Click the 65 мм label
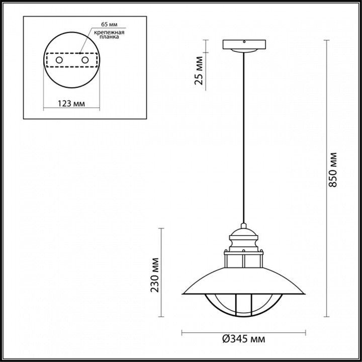coord(109,25)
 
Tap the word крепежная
coord(109,32)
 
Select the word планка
coord(109,37)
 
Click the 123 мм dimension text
coord(71,104)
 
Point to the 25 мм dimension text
coord(199,71)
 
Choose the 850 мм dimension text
coord(333,170)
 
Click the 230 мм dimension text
coord(155,275)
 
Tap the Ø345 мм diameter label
coord(243,339)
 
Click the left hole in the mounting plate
coord(59,60)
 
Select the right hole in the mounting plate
coord(85,60)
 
